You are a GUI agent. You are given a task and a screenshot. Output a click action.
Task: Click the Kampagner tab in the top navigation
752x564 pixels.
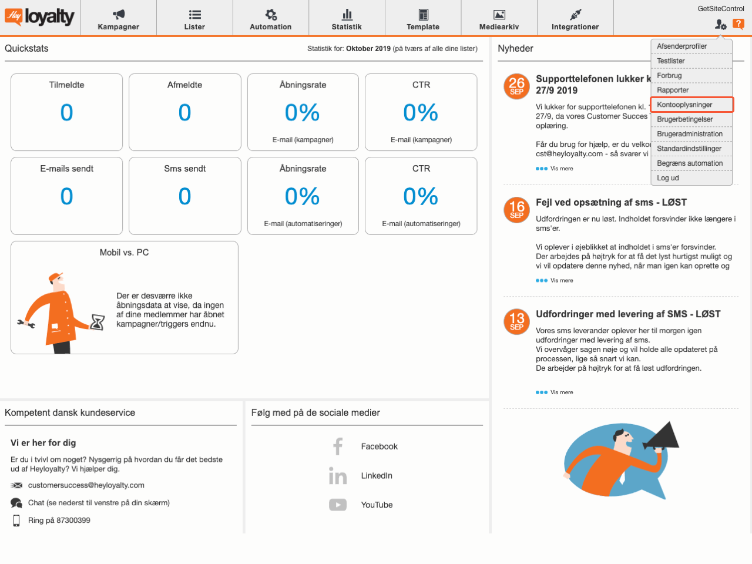[x=118, y=19]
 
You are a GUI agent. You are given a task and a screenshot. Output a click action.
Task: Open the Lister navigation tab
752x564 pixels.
[x=194, y=19]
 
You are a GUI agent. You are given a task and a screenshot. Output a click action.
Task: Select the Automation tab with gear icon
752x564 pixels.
[x=270, y=19]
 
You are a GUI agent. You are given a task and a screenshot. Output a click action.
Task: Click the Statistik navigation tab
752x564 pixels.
[x=347, y=19]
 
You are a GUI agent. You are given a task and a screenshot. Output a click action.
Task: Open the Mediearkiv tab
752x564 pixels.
[x=499, y=19]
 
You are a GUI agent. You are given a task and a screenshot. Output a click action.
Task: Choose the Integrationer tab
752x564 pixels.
[x=575, y=19]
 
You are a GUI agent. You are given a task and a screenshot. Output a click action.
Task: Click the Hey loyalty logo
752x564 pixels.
[x=40, y=17]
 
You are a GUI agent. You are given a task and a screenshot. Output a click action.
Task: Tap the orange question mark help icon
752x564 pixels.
[x=738, y=24]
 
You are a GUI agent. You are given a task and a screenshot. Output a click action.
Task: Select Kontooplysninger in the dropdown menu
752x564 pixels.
[x=684, y=105]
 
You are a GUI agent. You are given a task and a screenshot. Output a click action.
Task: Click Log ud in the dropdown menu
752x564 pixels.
[x=668, y=178]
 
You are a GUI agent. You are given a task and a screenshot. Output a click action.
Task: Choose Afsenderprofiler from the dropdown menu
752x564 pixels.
[x=681, y=46]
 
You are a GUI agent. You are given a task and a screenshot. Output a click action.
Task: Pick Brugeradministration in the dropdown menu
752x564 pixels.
[x=690, y=134]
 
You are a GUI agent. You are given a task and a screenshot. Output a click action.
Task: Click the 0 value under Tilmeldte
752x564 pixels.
[x=66, y=113]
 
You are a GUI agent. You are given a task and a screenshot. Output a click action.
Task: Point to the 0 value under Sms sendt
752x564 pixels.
[x=184, y=196]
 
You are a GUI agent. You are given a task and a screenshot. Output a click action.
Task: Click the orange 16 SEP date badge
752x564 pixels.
[x=516, y=210]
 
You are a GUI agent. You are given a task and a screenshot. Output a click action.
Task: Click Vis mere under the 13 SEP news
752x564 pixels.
[x=561, y=392]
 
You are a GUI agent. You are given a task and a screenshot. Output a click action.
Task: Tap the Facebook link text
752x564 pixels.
[x=379, y=446]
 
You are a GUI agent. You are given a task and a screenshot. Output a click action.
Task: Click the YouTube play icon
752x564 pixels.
[x=338, y=505]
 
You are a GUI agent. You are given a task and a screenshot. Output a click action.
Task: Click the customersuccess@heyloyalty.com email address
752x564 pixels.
[x=86, y=485]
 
